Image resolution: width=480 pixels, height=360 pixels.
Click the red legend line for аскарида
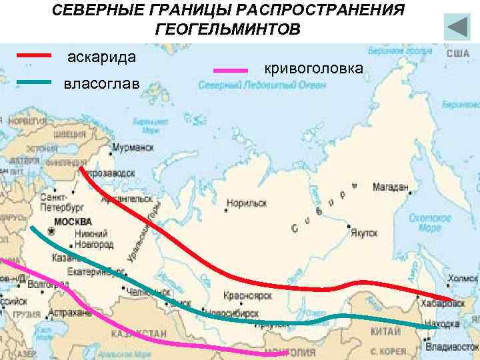click(x=33, y=56)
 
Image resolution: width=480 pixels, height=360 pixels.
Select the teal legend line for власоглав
click(x=33, y=82)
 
